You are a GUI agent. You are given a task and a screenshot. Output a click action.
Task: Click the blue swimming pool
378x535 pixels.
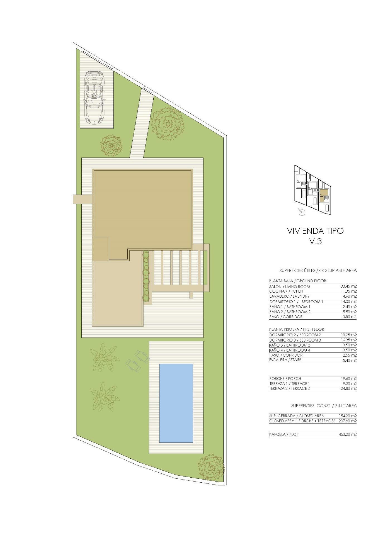tap(176, 403)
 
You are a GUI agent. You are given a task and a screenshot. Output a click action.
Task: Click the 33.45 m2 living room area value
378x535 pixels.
tap(348, 286)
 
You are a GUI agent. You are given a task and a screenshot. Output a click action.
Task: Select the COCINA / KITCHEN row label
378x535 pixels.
tap(286, 291)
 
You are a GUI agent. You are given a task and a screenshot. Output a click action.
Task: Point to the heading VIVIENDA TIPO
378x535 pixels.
tap(315, 231)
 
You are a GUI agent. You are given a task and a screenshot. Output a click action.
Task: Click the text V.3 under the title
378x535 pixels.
tap(316, 241)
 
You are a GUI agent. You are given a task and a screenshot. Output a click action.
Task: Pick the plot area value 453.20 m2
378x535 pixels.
tap(348, 434)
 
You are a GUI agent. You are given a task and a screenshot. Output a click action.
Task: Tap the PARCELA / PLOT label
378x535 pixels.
tap(283, 434)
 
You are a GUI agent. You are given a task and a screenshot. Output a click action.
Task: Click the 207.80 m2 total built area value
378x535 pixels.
tap(348, 421)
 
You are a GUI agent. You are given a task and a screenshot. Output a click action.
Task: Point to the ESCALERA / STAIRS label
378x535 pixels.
tap(285, 360)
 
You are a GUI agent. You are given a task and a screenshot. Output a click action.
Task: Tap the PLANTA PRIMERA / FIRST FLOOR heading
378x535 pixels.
tap(297, 329)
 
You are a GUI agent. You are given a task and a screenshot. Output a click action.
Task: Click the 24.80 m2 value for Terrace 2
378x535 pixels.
tap(348, 388)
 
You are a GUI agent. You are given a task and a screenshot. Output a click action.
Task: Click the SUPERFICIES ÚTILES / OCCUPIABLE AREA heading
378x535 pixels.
tap(318, 270)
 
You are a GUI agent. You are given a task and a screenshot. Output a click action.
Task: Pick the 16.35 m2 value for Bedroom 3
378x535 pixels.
tap(348, 340)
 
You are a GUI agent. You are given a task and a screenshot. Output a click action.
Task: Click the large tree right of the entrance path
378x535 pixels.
tap(167, 123)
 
